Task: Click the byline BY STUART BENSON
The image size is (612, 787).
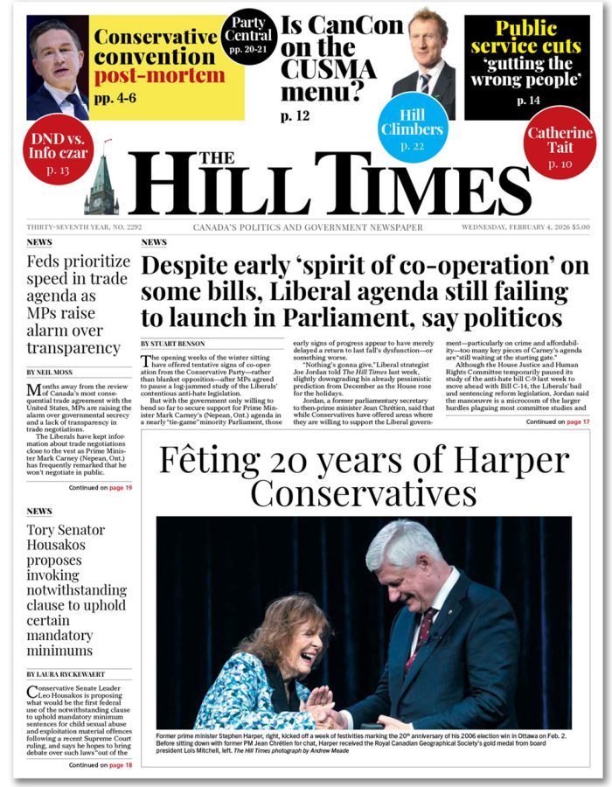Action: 176,344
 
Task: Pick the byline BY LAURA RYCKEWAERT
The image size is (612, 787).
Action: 71,674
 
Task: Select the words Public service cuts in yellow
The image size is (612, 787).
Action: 526,36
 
